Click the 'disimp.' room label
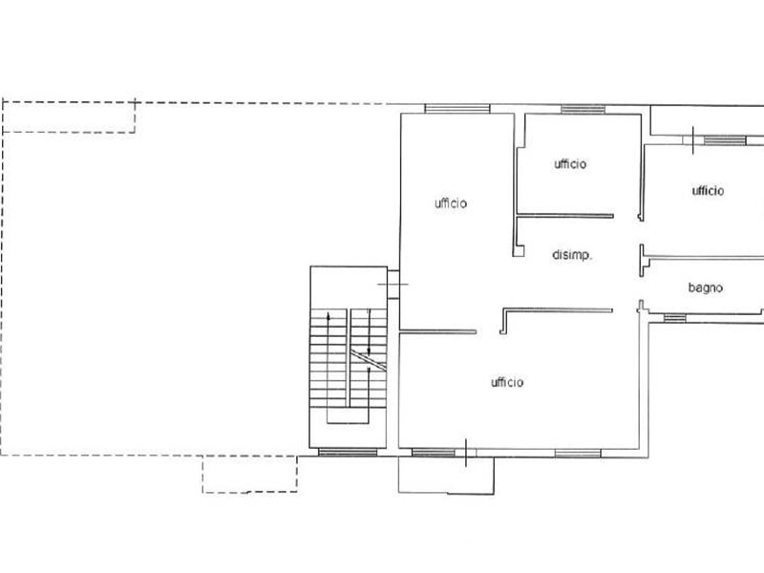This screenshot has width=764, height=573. click(572, 255)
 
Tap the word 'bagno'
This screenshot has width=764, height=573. click(705, 288)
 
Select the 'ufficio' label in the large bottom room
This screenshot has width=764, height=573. click(507, 382)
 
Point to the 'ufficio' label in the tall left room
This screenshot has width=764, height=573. click(451, 203)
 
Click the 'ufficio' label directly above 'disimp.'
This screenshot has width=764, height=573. click(570, 163)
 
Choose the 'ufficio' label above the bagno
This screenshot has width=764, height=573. click(708, 190)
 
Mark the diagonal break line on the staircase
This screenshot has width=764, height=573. click(369, 361)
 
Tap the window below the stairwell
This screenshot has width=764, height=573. click(348, 453)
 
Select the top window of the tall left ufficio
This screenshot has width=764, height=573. click(457, 109)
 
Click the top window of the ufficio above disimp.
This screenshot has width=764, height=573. click(583, 109)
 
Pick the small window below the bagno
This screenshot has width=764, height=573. click(675, 318)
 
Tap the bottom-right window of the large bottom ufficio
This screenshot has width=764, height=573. click(578, 453)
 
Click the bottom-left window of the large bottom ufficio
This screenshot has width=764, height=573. click(434, 453)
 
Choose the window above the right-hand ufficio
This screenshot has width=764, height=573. click(725, 140)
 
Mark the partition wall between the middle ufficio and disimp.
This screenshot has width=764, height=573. click(565, 216)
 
